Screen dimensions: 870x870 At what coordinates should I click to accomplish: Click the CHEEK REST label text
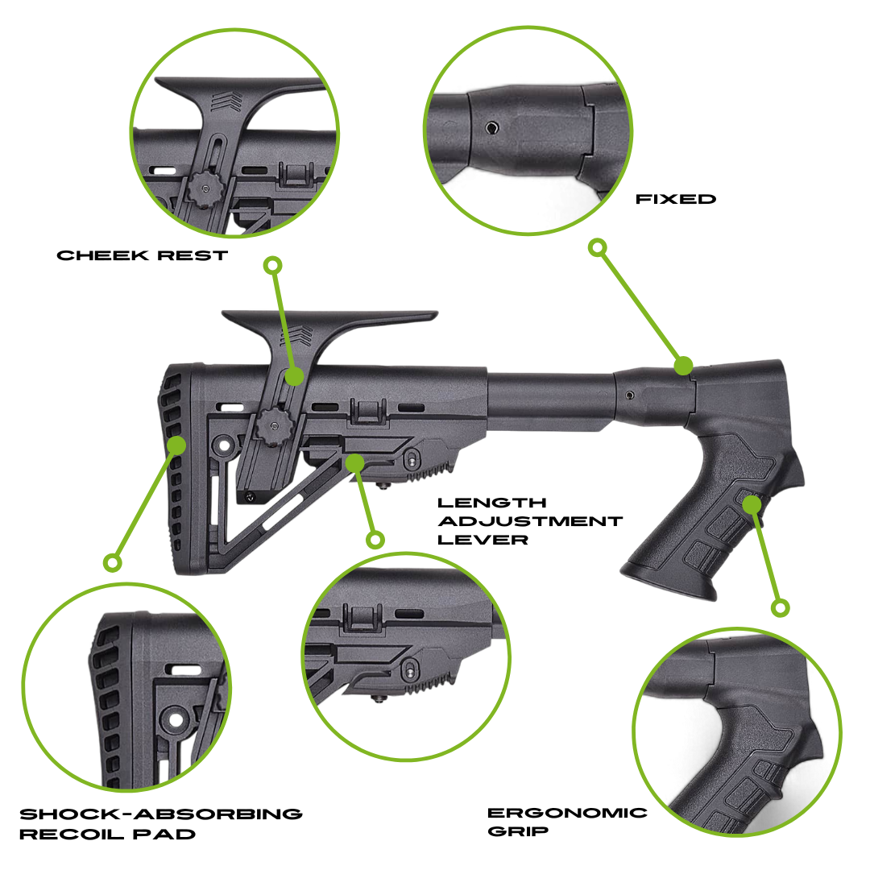coord(143,255)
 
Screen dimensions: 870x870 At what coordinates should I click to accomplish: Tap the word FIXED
coord(676,199)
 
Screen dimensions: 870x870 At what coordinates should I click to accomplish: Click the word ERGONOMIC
coord(567,812)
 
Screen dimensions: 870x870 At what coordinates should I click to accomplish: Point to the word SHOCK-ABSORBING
coord(160,814)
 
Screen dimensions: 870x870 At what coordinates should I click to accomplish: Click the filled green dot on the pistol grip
coord(752,505)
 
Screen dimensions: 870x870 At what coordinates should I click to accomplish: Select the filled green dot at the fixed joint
coord(683,366)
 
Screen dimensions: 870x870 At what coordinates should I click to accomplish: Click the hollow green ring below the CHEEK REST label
coord(273,265)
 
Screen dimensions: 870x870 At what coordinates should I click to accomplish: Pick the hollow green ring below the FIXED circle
coord(597,247)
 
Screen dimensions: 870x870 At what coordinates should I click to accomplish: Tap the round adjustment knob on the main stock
coord(269,422)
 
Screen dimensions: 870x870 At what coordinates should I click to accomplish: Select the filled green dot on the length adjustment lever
coord(355,462)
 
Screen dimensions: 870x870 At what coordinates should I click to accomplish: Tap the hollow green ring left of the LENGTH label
coord(375,539)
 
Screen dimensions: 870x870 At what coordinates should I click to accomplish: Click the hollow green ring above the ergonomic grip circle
coord(779,607)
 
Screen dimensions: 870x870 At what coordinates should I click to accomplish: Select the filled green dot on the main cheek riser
coord(294,376)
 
